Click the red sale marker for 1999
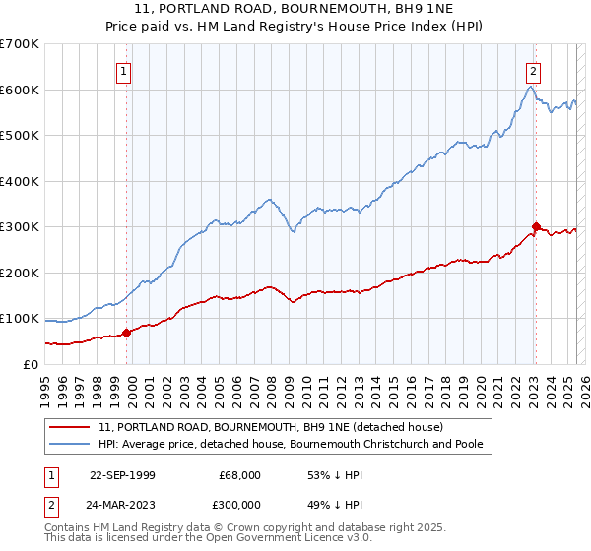(x=126, y=333)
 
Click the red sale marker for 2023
(x=536, y=226)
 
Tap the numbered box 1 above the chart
(x=124, y=71)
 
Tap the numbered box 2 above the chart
(x=533, y=71)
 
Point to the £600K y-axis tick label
(x=20, y=90)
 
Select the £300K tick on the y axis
(x=20, y=227)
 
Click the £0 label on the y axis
(x=31, y=364)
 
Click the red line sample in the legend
(x=70, y=427)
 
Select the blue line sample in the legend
(x=70, y=444)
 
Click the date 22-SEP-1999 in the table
(x=122, y=475)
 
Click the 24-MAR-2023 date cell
(x=122, y=503)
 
